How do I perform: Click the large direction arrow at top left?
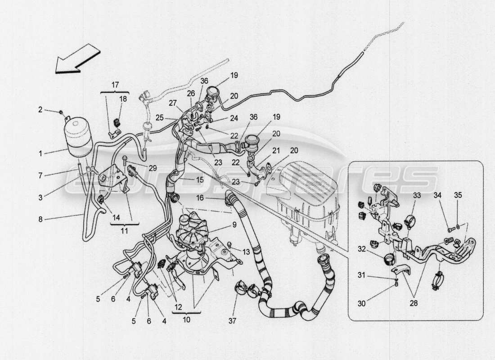(x=77, y=58)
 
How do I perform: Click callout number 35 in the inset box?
(x=458, y=195)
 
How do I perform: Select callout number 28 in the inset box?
(x=414, y=303)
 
